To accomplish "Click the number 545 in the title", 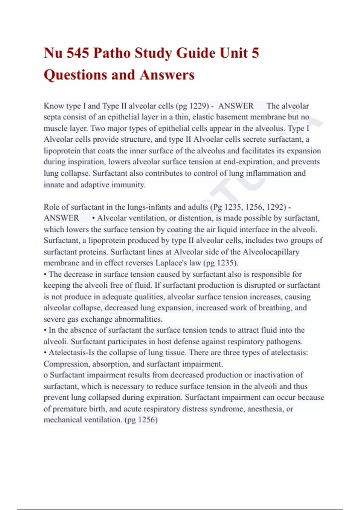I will coord(78,53).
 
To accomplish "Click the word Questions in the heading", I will coord(75,75).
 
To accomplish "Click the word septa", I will coord(52,117).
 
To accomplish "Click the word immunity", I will coord(128,185).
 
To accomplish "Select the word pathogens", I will coord(284,342).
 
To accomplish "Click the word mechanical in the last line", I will coord(62,420).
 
